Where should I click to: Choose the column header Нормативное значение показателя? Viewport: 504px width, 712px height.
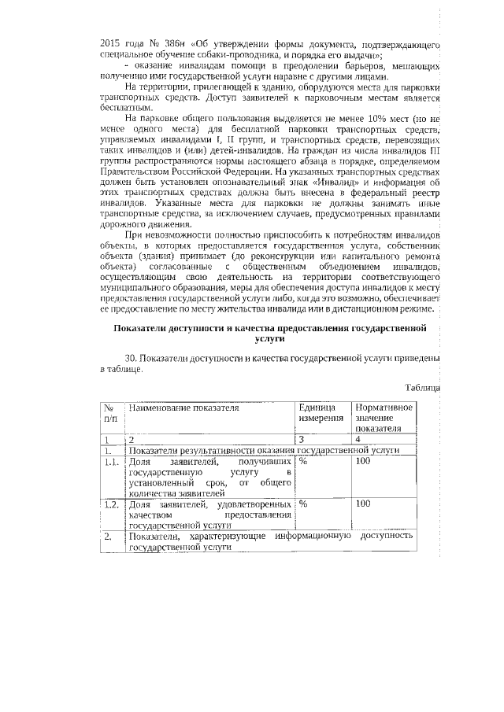(x=384, y=419)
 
